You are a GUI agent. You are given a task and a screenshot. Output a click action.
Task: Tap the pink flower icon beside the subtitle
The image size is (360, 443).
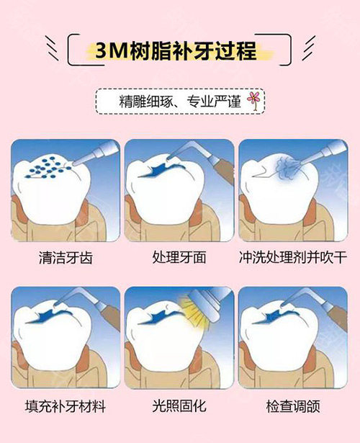(x=253, y=99)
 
